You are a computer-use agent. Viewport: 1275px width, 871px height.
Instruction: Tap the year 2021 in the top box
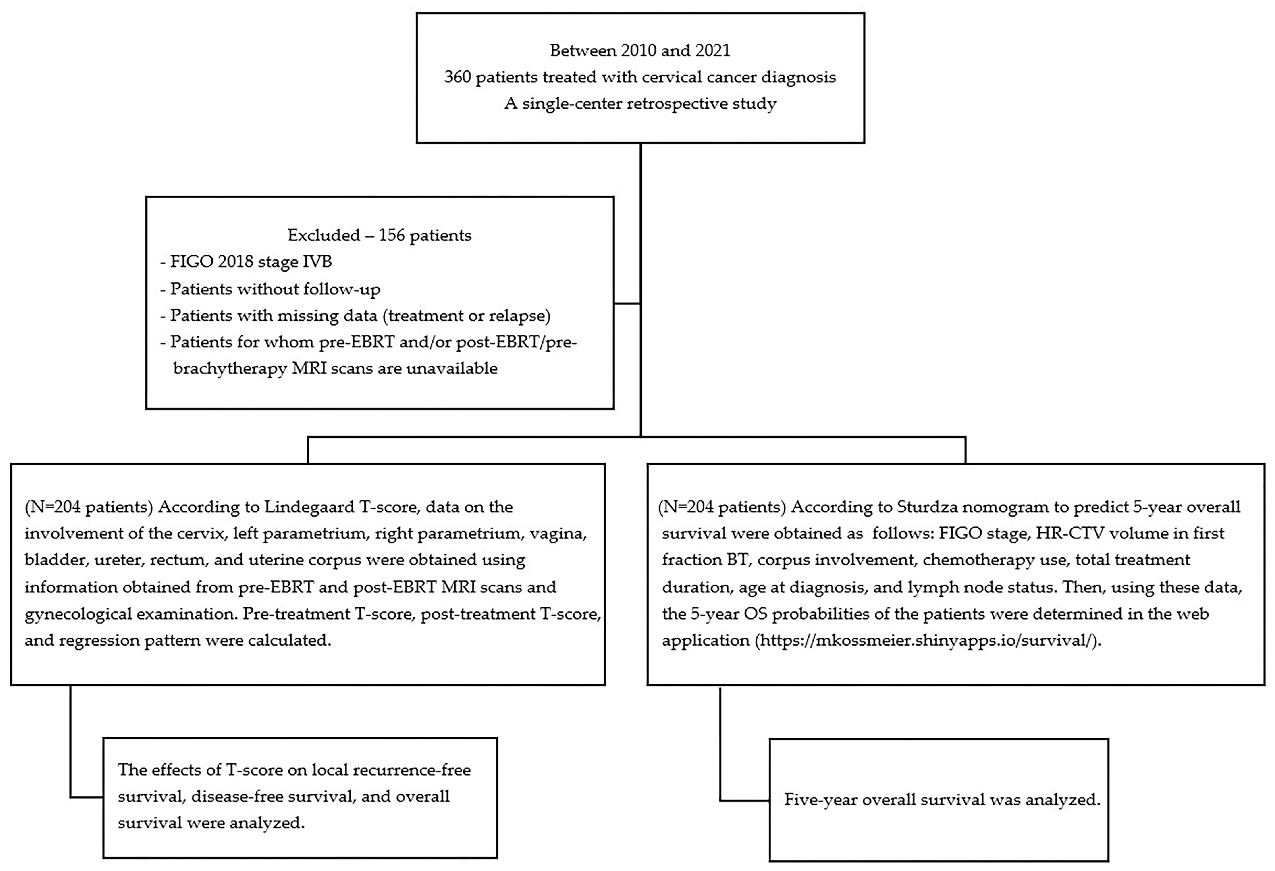tap(712, 50)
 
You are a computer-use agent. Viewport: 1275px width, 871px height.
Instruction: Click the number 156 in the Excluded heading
tap(392, 235)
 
